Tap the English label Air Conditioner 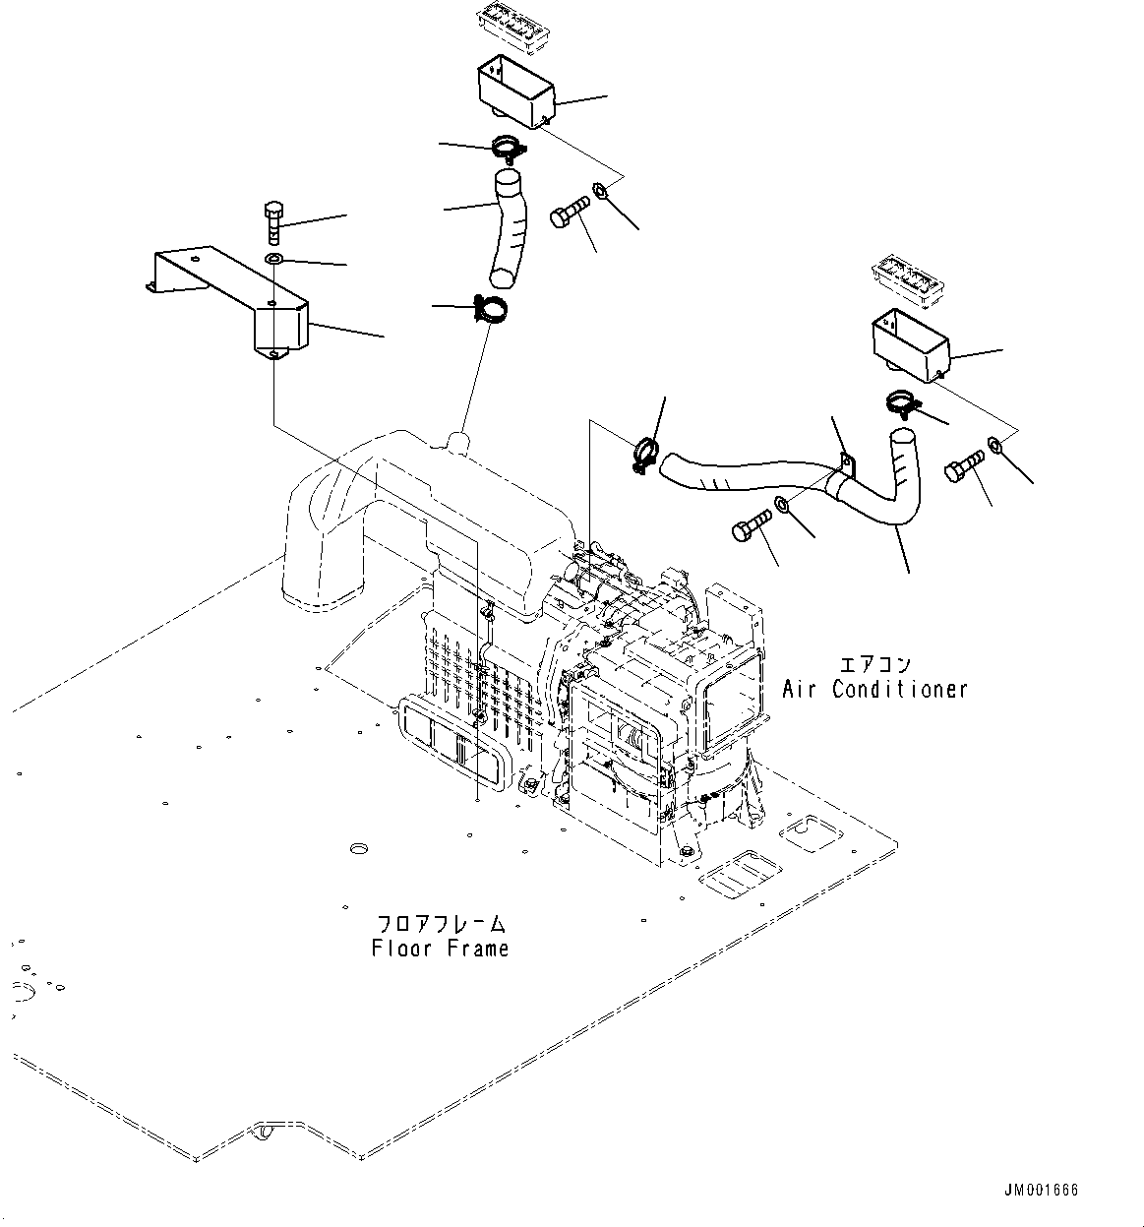874,689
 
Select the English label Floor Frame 440,949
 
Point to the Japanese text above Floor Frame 441,925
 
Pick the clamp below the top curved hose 488,309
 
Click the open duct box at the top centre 516,92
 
